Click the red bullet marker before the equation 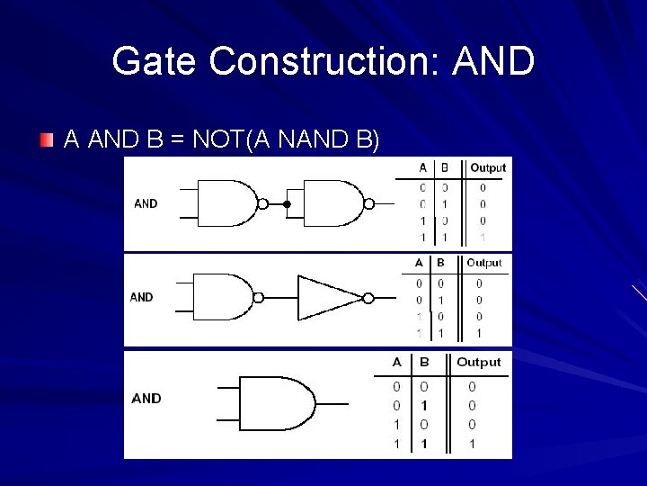click(x=47, y=139)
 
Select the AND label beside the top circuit click(x=146, y=203)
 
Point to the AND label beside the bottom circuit click(x=146, y=398)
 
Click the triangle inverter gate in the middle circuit click(x=329, y=298)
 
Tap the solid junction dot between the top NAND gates click(x=287, y=204)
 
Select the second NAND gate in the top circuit click(x=332, y=203)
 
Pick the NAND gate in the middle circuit click(x=223, y=297)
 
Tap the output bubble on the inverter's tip click(x=368, y=298)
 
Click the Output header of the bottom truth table click(x=478, y=362)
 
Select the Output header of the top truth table click(x=488, y=167)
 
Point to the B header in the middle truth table click(x=440, y=263)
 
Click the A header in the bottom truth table click(x=397, y=362)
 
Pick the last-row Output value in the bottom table click(x=473, y=444)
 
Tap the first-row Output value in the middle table click(x=479, y=283)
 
